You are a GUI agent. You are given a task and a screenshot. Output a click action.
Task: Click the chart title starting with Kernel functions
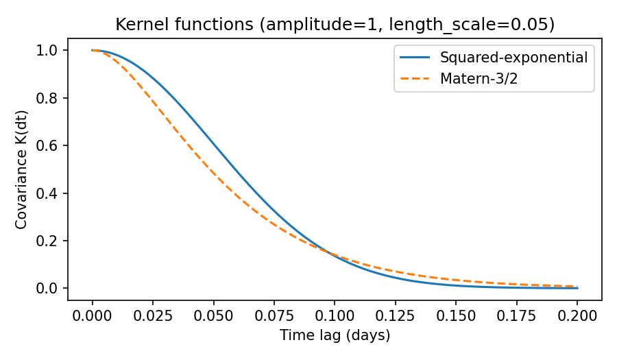coord(335,25)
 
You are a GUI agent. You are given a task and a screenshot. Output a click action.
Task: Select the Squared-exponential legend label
coord(513,58)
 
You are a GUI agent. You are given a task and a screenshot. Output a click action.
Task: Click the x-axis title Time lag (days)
coord(335,336)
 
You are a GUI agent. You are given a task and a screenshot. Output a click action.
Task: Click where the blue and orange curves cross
coord(332,253)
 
